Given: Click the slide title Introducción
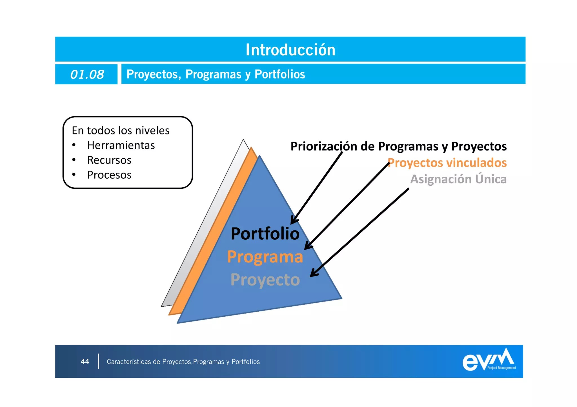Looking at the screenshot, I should [290, 50].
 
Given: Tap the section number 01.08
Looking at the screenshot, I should [87, 75].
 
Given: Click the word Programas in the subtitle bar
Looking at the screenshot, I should [213, 74].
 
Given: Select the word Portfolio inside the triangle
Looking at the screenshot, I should [265, 234].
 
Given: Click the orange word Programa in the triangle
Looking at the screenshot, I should [265, 257].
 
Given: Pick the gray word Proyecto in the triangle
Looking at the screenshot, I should [265, 280].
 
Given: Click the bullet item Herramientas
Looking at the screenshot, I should [121, 145].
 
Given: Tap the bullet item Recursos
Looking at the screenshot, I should [109, 160].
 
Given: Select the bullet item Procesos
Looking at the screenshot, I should [109, 175].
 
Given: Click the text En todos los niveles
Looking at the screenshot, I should [121, 131].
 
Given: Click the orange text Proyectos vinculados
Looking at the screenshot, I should [447, 163].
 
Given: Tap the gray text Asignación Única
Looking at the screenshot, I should [458, 179].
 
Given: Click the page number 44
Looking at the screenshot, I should [85, 362].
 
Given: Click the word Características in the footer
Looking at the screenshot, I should [129, 362].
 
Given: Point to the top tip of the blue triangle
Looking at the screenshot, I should [259, 156].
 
